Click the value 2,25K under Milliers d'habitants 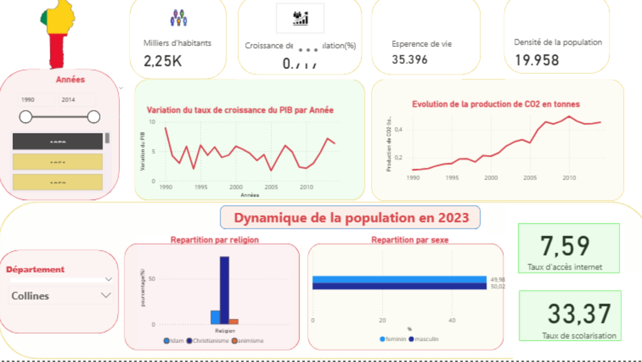[x=163, y=61]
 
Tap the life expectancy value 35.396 [x=409, y=59]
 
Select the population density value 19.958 [x=537, y=60]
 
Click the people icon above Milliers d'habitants [x=178, y=18]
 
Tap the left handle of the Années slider [x=25, y=117]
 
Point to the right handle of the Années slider [x=94, y=117]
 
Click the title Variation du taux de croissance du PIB [x=240, y=110]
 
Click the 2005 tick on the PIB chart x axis [x=271, y=187]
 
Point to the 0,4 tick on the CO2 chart [x=399, y=130]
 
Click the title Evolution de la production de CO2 [x=495, y=104]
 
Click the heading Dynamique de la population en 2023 [x=351, y=218]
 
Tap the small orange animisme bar [x=234, y=321]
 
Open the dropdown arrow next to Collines [x=106, y=295]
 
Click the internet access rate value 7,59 [x=565, y=245]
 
